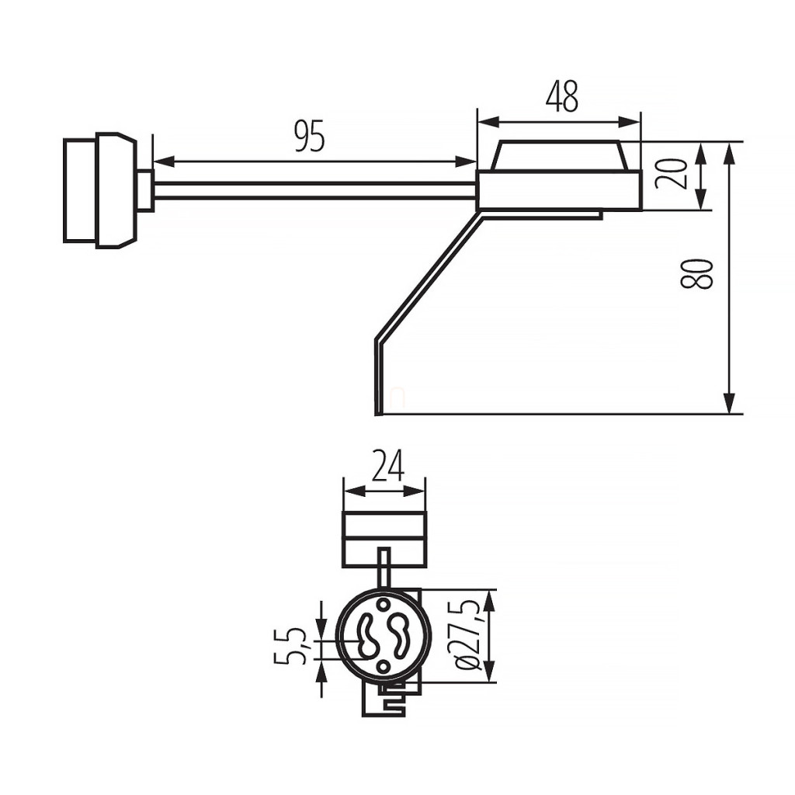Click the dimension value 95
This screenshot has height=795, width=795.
coord(310,137)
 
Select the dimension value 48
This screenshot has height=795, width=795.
coord(562,96)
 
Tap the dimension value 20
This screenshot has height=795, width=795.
coord(672,173)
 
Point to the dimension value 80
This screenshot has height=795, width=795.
coord(696,273)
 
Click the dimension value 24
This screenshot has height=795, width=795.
coord(388,466)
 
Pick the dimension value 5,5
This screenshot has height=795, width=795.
coord(290,646)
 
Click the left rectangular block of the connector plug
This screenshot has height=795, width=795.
coord(80,190)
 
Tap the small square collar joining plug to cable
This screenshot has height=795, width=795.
coord(145,191)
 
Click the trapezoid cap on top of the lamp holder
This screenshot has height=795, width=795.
coord(560,155)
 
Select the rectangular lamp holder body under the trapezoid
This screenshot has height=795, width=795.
coord(560,191)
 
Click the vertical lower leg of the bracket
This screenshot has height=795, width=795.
coord(378,377)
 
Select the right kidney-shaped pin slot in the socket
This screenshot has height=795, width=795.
coord(399,636)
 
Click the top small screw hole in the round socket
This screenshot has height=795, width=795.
coord(384,603)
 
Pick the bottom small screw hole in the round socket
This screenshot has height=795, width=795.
coord(384,666)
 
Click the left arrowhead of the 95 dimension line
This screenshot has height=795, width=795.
coord(163,161)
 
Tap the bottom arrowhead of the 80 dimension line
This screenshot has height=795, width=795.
coord(729,404)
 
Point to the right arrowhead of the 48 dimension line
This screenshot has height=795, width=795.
coord(630,122)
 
